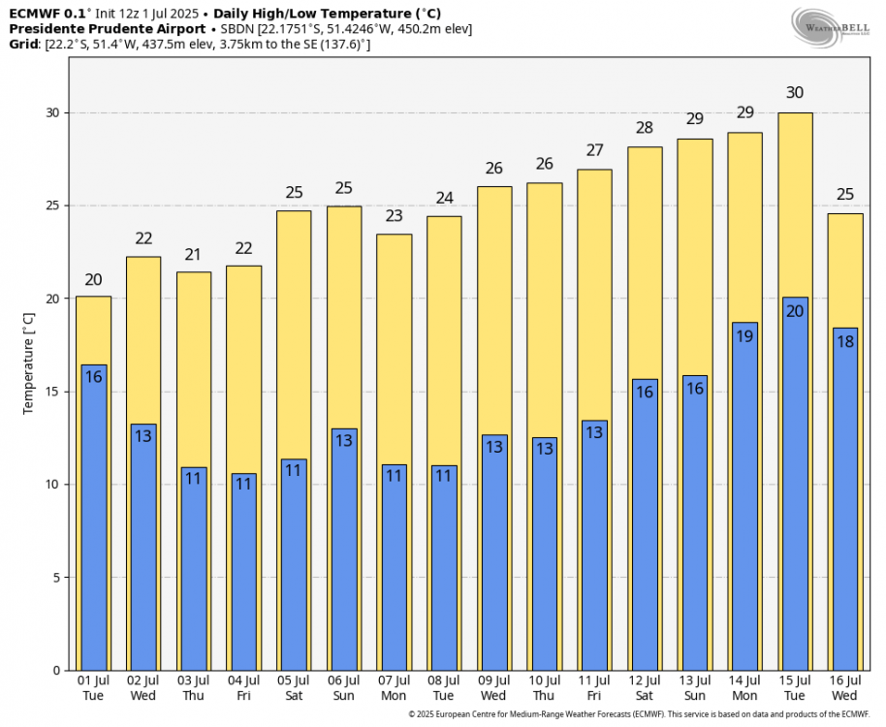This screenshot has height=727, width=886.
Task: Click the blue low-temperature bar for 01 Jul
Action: pos(94,518)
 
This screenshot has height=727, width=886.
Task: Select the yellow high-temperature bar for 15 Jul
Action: pos(796,204)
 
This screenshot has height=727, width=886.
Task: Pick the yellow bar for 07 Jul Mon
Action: pos(395,349)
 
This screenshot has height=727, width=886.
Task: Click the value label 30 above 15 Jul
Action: pos(795,93)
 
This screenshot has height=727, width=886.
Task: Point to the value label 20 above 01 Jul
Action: pos(94,280)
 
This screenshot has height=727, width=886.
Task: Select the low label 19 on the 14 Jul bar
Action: pos(744,336)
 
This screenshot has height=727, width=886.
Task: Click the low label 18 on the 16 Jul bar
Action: pos(845,341)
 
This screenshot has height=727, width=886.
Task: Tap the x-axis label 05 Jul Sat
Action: pos(294,688)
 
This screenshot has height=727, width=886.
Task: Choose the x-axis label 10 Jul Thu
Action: pos(545,688)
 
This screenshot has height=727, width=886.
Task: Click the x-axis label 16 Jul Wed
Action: pos(845,688)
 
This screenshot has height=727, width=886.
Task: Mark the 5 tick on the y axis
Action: pos(55,578)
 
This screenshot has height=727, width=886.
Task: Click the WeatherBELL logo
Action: pos(830,26)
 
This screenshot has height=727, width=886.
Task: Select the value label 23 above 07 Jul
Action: pos(395,216)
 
